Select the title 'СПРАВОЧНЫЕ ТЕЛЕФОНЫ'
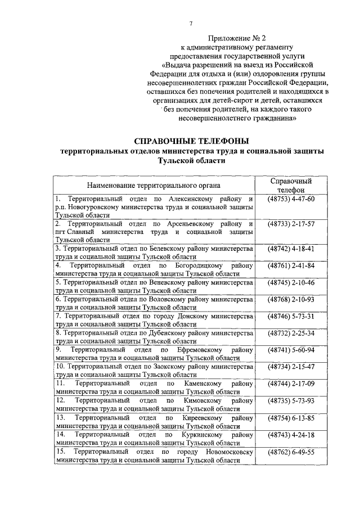191,141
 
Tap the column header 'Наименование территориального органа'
154,185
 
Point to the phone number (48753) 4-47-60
291,199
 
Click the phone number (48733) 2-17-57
291,224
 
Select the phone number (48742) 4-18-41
291,248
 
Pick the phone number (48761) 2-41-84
291,265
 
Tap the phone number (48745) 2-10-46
291,282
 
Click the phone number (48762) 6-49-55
291,451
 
